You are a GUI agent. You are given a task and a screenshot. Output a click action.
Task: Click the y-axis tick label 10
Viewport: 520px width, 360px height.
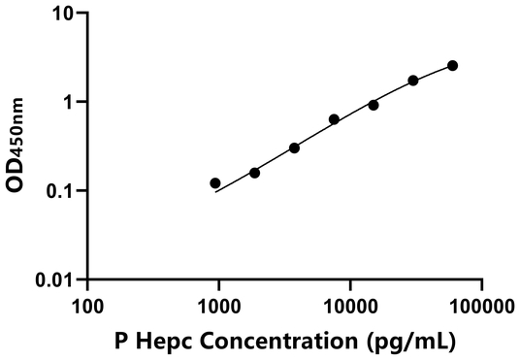click(x=63, y=14)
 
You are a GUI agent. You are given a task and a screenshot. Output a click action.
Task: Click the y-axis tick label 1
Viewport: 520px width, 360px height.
click(x=69, y=102)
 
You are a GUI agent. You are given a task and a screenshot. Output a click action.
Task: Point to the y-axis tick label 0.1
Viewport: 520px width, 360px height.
click(x=60, y=190)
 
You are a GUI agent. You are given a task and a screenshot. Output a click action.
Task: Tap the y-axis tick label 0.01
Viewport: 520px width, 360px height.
click(x=55, y=279)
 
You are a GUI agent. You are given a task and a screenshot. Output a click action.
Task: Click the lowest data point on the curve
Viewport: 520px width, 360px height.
click(x=215, y=182)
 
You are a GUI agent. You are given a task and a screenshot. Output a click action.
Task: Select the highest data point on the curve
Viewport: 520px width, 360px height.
click(x=452, y=66)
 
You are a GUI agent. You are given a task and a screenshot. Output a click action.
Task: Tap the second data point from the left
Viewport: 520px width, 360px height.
click(x=254, y=173)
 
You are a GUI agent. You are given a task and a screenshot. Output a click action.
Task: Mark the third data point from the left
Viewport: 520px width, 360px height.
click(x=294, y=147)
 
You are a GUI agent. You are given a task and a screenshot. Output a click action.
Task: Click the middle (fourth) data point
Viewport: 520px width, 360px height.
click(x=334, y=119)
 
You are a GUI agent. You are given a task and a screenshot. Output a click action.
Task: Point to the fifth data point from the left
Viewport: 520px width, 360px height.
click(x=374, y=105)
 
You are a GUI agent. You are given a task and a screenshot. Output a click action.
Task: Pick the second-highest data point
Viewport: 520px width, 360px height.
click(x=413, y=81)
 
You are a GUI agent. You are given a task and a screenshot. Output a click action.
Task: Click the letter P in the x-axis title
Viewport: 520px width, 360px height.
click(x=121, y=341)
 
